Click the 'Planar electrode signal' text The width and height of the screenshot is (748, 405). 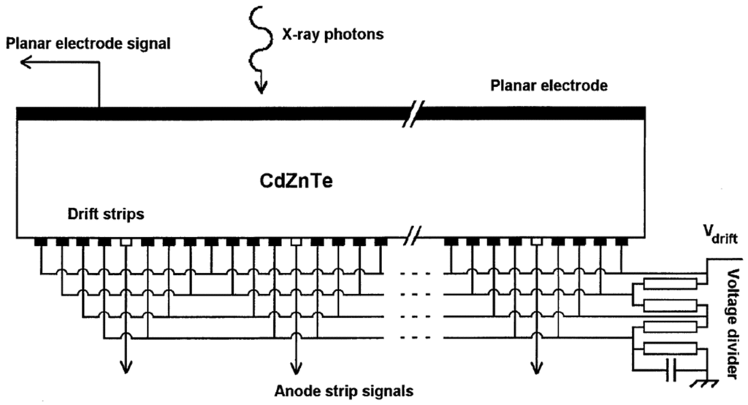(88, 43)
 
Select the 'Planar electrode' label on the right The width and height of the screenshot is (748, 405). (546, 86)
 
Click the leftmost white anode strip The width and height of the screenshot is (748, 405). (126, 241)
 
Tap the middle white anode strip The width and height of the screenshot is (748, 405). (296, 241)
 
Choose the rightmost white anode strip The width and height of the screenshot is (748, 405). (537, 241)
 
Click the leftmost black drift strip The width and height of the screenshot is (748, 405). (40, 241)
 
